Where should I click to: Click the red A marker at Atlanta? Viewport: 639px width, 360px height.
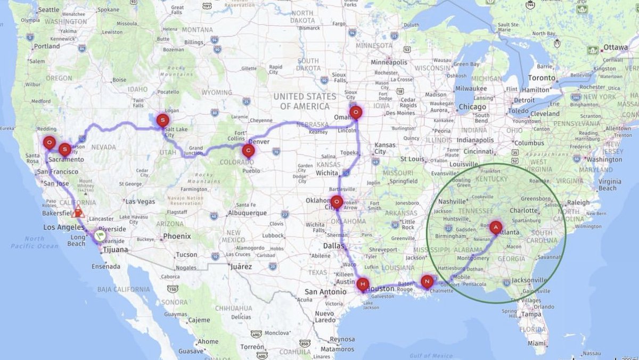click(x=496, y=227)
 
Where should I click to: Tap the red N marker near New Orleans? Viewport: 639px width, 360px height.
click(x=427, y=281)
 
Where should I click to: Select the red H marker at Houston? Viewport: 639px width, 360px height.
click(x=363, y=284)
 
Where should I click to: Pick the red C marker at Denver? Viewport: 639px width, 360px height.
click(x=248, y=150)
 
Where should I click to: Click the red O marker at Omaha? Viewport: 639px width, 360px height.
click(x=356, y=112)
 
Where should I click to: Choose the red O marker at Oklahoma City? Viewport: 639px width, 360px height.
click(x=337, y=202)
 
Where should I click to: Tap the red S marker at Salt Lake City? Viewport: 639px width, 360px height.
click(x=163, y=121)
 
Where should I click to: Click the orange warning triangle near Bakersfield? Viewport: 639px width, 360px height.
click(x=78, y=212)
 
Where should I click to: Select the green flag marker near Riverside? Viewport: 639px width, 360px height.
click(x=100, y=234)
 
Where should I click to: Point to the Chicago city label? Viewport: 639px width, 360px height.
click(x=472, y=107)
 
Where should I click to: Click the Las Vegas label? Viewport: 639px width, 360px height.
click(x=139, y=202)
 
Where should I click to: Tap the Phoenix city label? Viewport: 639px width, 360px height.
click(x=177, y=236)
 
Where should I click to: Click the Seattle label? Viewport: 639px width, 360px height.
click(x=49, y=10)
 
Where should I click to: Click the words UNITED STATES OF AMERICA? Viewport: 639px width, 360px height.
click(x=305, y=101)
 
